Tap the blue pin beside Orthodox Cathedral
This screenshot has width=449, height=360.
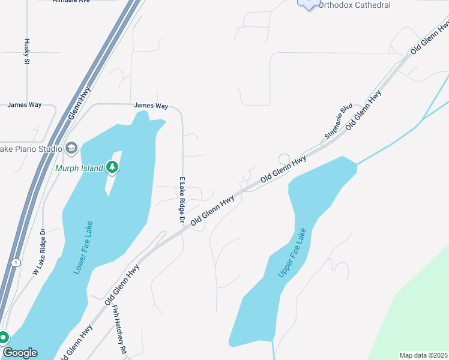[x=309, y=4]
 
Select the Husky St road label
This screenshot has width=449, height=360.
[x=27, y=51]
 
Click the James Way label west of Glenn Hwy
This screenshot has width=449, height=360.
[x=24, y=105]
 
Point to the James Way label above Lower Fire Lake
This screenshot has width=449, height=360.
[x=151, y=106]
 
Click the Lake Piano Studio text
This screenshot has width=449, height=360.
[x=31, y=149]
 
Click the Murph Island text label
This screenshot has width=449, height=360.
[x=79, y=167]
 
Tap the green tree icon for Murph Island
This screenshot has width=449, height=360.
[x=112, y=167]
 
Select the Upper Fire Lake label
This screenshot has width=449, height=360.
[x=292, y=253]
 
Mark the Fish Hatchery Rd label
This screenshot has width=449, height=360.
[x=120, y=329]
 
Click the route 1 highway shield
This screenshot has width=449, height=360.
[x=16, y=263]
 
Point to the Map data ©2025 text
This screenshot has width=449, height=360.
[x=423, y=355]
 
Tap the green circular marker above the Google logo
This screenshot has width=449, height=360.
[x=4, y=338]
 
